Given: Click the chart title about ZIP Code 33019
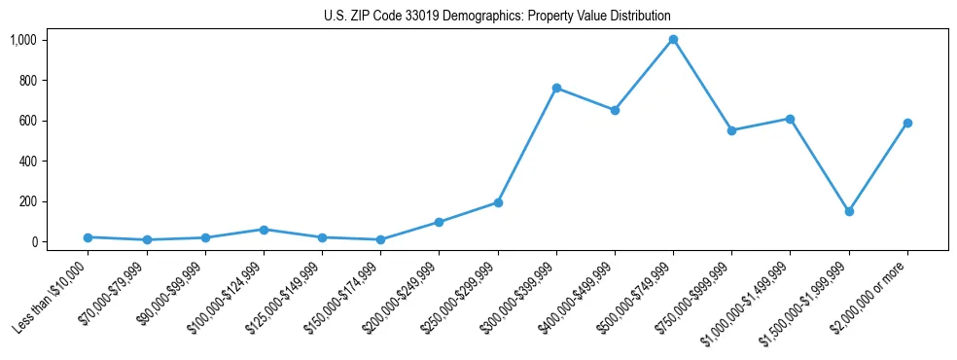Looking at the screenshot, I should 497,17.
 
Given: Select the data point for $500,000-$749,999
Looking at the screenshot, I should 673,40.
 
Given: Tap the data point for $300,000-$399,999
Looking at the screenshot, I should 556,89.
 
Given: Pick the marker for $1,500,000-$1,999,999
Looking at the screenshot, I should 849,211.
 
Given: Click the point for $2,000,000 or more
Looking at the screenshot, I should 907,123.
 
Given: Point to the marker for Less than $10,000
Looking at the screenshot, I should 88,237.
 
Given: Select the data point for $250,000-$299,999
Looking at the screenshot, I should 498,202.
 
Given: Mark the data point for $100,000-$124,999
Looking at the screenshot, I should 264,230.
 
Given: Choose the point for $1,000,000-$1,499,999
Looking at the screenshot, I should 790,119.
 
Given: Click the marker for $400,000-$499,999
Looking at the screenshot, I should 615,110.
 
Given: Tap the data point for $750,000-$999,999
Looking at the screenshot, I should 731,130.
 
